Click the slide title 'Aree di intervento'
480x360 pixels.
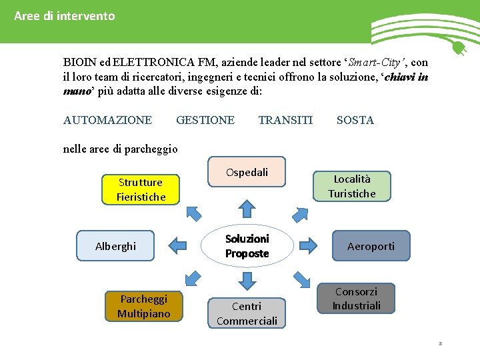click(65, 15)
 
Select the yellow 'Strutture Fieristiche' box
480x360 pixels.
click(141, 189)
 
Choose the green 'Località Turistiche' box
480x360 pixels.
click(351, 186)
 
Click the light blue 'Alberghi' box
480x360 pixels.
click(115, 246)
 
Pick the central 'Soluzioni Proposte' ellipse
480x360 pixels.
click(247, 246)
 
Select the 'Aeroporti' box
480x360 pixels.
click(371, 246)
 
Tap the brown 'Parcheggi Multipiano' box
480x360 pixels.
click(143, 306)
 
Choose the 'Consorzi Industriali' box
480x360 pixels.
click(356, 299)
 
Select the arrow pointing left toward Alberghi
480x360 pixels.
click(177, 245)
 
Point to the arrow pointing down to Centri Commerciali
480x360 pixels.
click(247, 282)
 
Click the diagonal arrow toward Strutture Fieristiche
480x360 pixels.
click(194, 213)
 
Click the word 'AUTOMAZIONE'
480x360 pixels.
click(107, 120)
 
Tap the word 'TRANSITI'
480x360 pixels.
click(285, 120)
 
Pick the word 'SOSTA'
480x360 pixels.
click(355, 120)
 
